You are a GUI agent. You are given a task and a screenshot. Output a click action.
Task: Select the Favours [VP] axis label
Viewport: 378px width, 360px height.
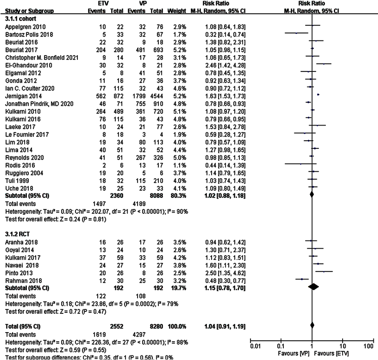pyautogui.click(x=293, y=353)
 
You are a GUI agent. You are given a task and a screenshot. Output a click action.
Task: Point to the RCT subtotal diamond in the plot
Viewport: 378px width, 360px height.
pyautogui.click(x=314, y=287)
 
